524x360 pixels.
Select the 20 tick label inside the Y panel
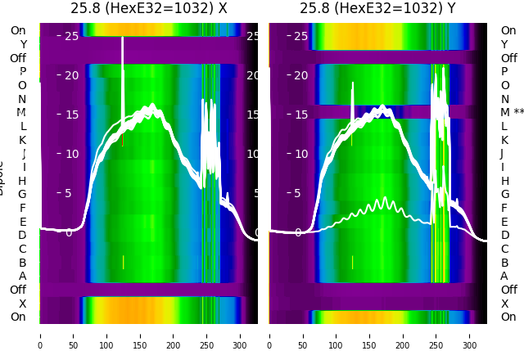pyautogui.click(x=300, y=75)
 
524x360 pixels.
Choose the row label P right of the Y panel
pyautogui.click(x=504, y=71)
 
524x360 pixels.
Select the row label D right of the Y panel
pyautogui.click(x=504, y=235)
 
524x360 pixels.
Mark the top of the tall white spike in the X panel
pyautogui.click(x=123, y=37)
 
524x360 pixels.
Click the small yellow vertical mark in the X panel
pyautogui.click(x=123, y=262)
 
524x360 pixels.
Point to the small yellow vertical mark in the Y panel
pyautogui.click(x=352, y=262)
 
